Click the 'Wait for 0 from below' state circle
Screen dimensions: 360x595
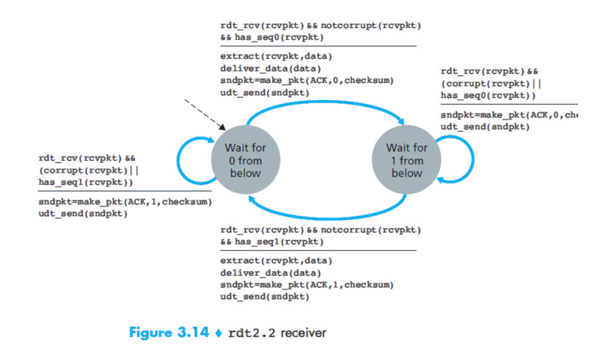(245, 161)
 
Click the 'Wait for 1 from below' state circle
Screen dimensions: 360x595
(406, 161)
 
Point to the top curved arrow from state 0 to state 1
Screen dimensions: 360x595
(325, 106)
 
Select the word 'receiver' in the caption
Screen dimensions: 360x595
(304, 333)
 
